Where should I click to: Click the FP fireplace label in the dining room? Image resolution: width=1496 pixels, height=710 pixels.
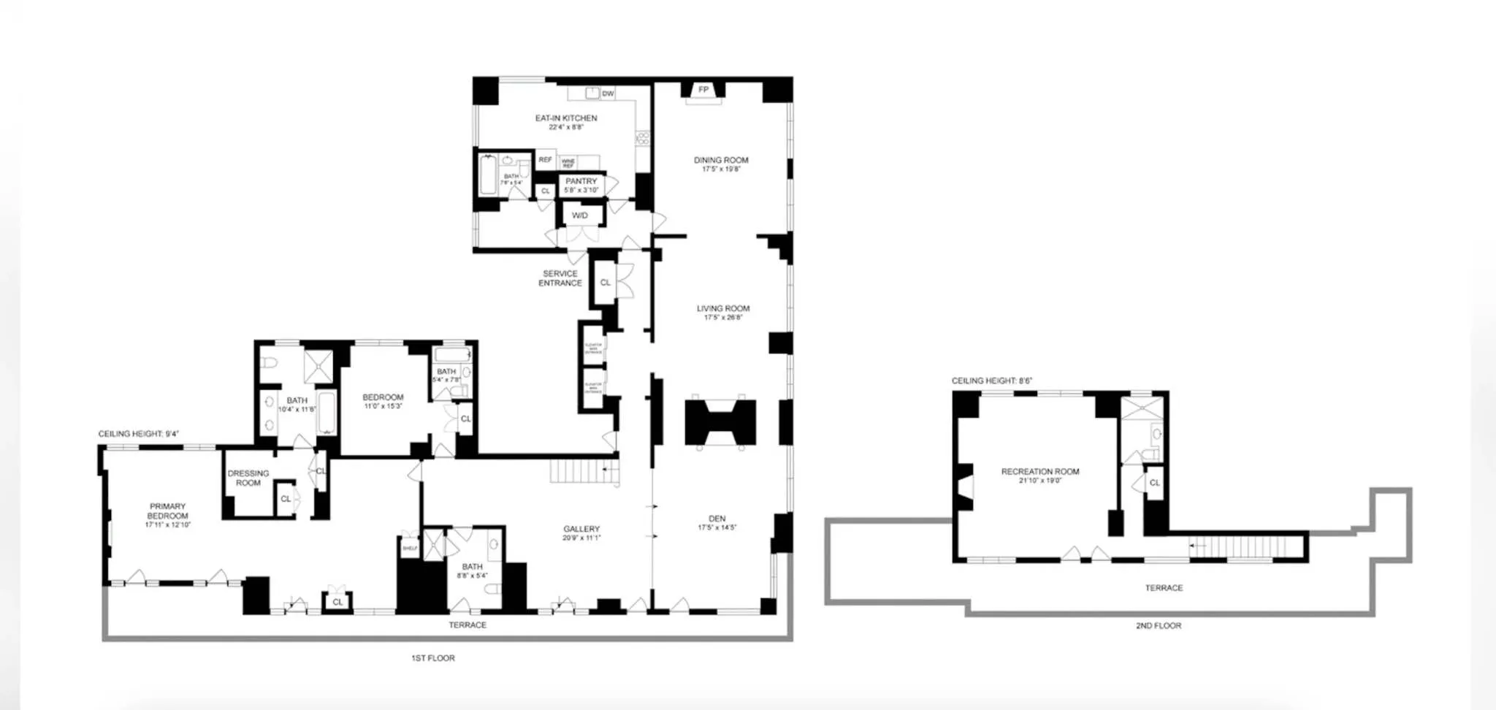point(703,90)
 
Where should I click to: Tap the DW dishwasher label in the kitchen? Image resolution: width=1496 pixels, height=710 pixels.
point(608,93)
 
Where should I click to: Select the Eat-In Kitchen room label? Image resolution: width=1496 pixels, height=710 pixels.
point(566,118)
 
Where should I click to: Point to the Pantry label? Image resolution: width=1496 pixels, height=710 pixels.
point(581,181)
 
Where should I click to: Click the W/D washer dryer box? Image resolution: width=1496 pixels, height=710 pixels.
point(580,215)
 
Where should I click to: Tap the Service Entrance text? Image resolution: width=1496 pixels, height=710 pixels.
point(560,278)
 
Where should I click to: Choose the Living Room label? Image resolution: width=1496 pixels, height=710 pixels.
point(723,308)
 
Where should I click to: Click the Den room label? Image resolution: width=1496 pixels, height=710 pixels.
point(717,519)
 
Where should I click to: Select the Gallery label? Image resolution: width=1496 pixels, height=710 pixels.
point(581,529)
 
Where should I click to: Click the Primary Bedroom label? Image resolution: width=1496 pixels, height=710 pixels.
point(167,511)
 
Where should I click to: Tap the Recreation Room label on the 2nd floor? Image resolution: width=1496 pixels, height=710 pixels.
point(1040,472)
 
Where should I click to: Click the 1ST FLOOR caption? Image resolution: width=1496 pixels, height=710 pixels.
point(433,658)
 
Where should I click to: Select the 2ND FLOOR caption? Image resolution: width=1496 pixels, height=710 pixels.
point(1159,626)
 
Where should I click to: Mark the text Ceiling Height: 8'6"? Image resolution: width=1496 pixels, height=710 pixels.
point(991,381)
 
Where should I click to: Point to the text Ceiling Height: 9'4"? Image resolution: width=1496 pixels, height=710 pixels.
point(139,434)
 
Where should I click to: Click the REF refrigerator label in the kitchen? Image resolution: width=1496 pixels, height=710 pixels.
point(545,160)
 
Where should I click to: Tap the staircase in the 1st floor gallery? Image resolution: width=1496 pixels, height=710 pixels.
point(584,471)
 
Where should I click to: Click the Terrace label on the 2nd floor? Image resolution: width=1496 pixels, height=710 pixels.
point(1164,588)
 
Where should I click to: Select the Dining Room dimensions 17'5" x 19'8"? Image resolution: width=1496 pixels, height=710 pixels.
point(721,169)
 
